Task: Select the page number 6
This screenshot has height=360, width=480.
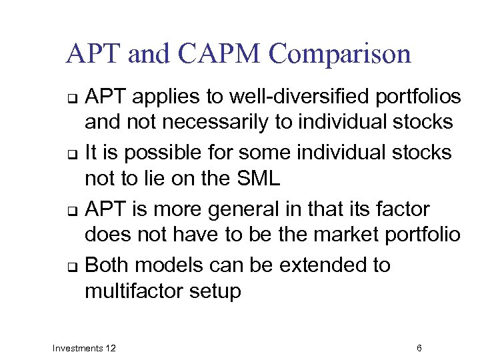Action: [x=419, y=348]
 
